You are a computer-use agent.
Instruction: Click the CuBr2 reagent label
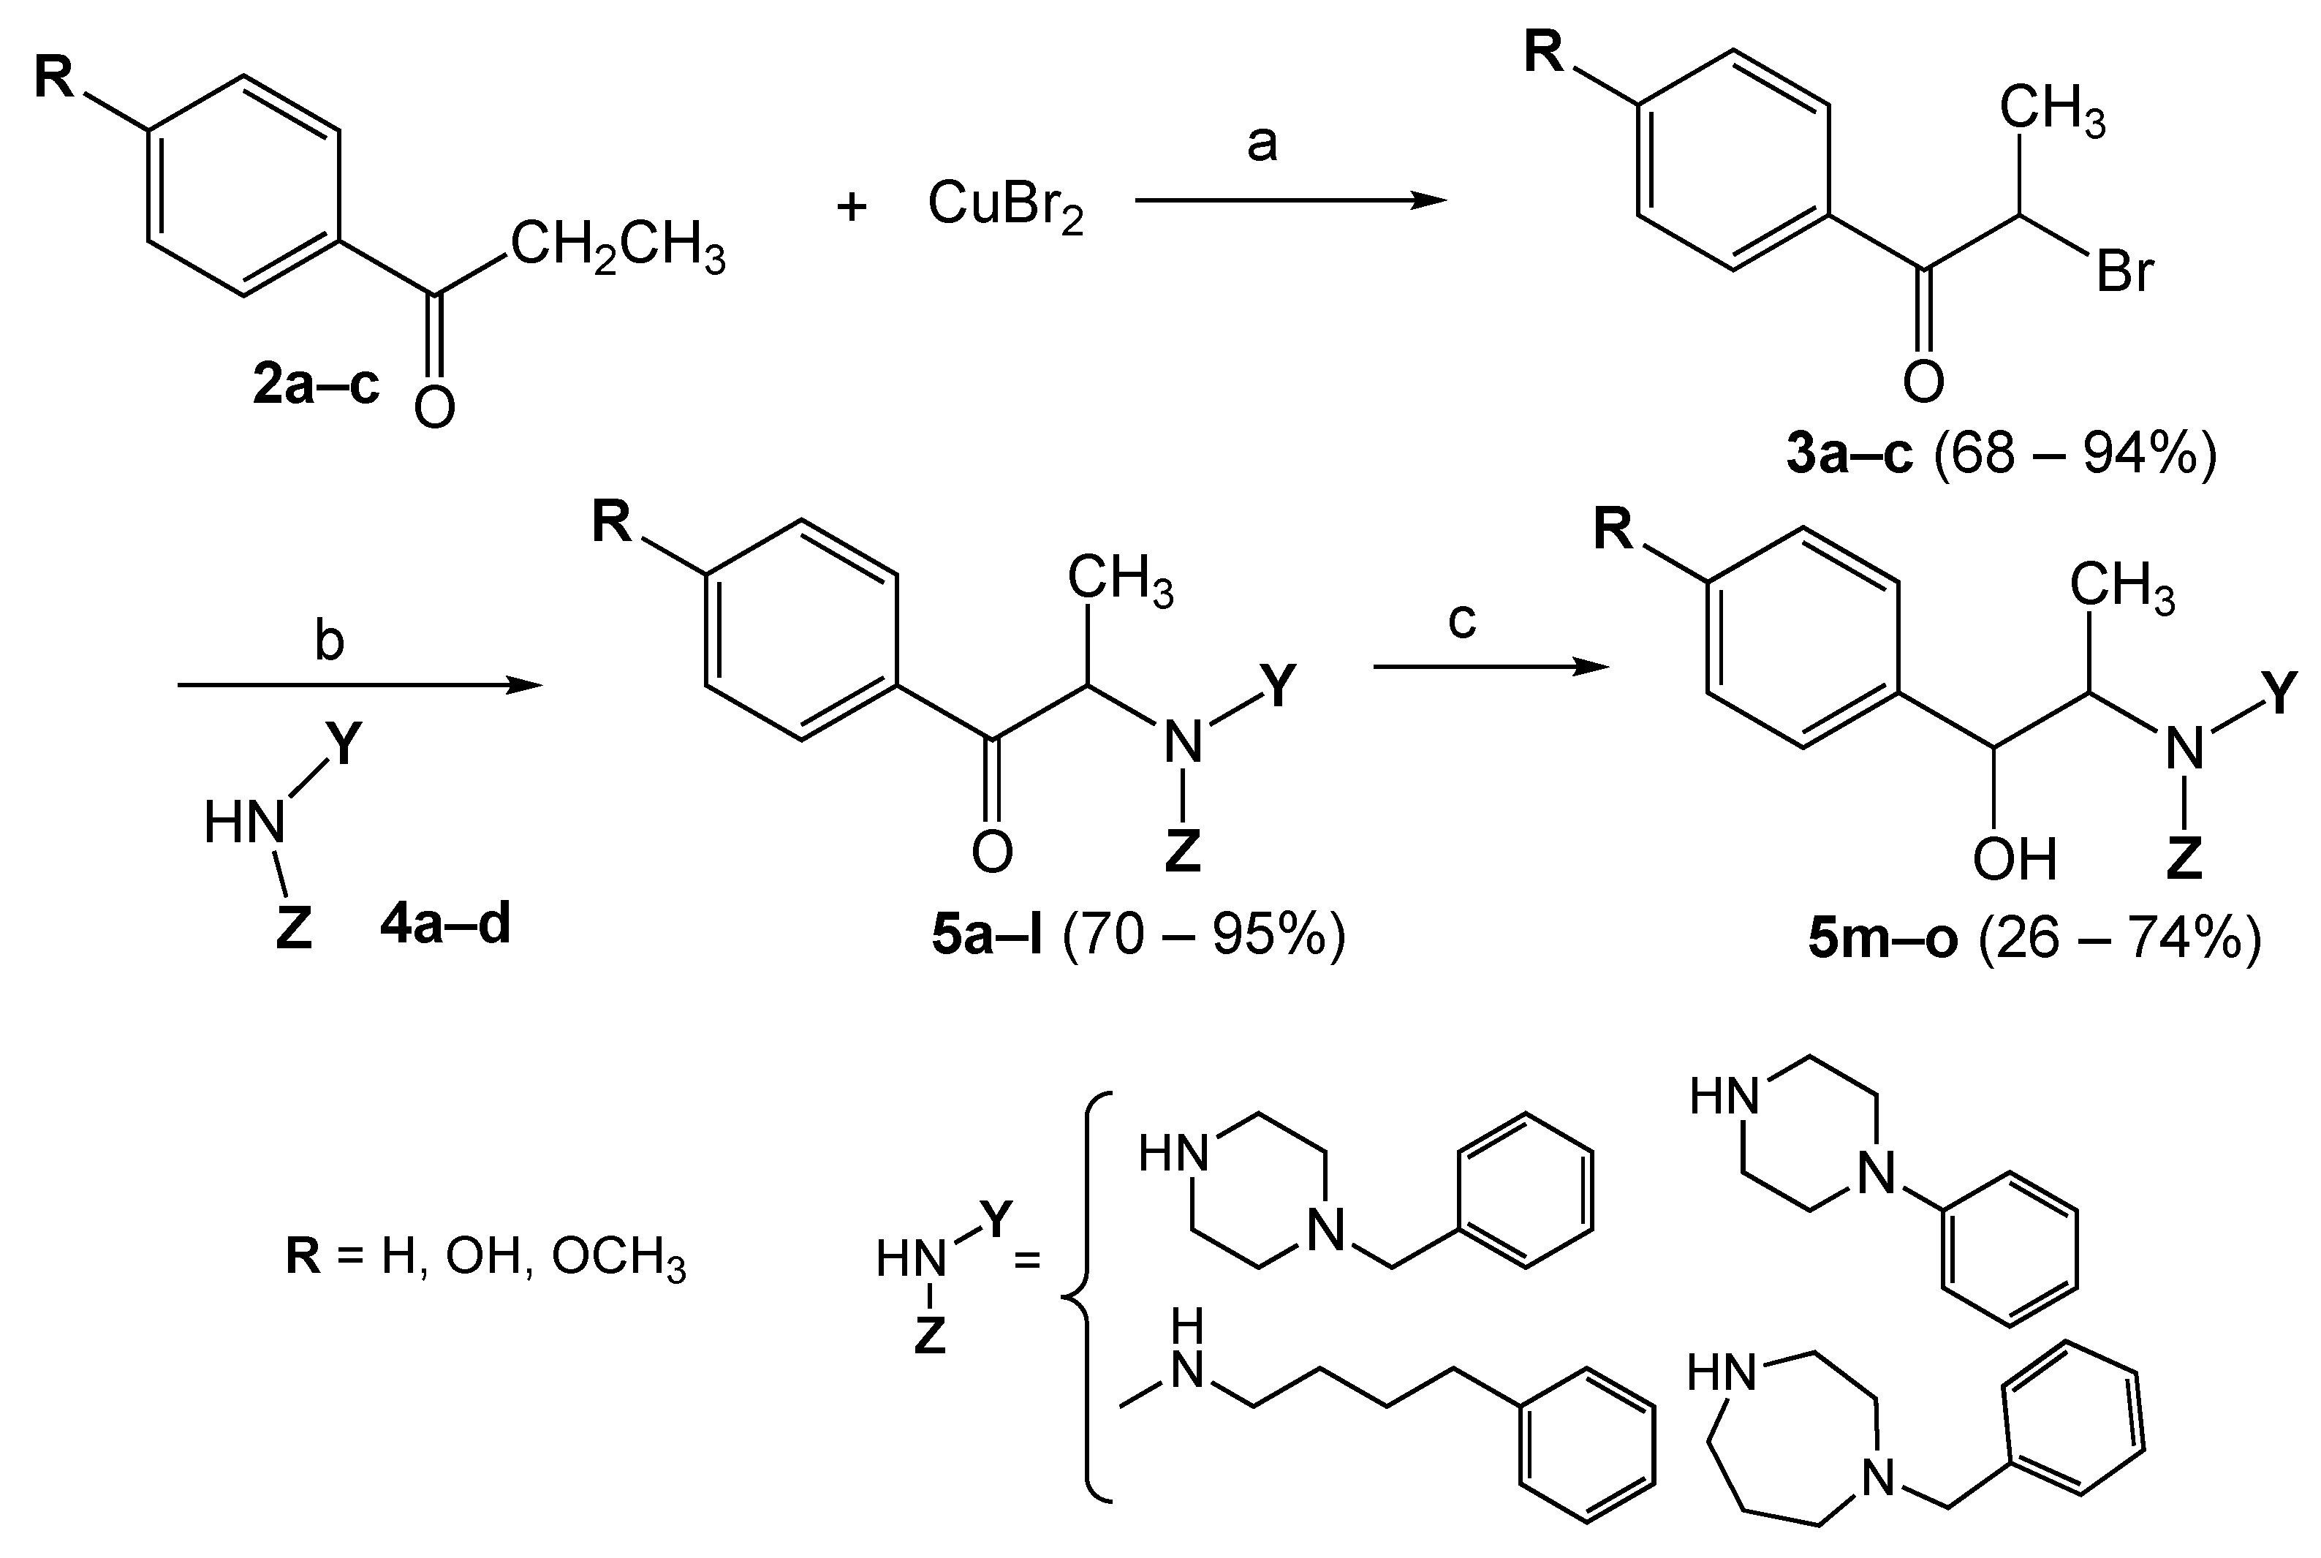pyautogui.click(x=1004, y=205)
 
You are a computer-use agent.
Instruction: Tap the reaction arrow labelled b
pyautogui.click(x=360, y=684)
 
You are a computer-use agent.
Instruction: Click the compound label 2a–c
pyautogui.click(x=316, y=385)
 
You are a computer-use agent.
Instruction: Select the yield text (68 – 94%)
pyautogui.click(x=2075, y=454)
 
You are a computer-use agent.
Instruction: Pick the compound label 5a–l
pyautogui.click(x=987, y=935)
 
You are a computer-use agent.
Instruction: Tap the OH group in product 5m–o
pyautogui.click(x=2014, y=858)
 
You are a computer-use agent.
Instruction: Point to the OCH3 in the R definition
pyautogui.click(x=618, y=1258)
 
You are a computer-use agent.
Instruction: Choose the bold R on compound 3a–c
pyautogui.click(x=1544, y=52)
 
